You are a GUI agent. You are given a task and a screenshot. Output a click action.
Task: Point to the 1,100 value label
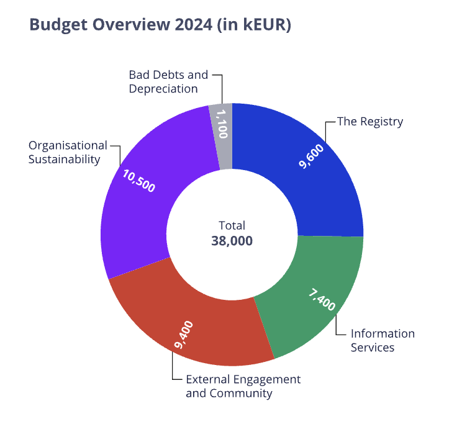[x=220, y=124]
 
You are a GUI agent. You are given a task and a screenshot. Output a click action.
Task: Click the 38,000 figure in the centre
[x=232, y=241]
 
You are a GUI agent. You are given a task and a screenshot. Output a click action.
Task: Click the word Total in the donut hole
[x=232, y=225]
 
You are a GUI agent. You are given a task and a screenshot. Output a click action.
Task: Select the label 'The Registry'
[x=370, y=122]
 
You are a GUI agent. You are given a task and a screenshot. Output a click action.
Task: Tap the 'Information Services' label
[x=383, y=340]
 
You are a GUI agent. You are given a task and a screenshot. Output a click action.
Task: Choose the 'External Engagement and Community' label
[x=243, y=386]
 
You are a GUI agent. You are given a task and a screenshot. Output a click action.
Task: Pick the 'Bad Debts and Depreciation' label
[x=168, y=81]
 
